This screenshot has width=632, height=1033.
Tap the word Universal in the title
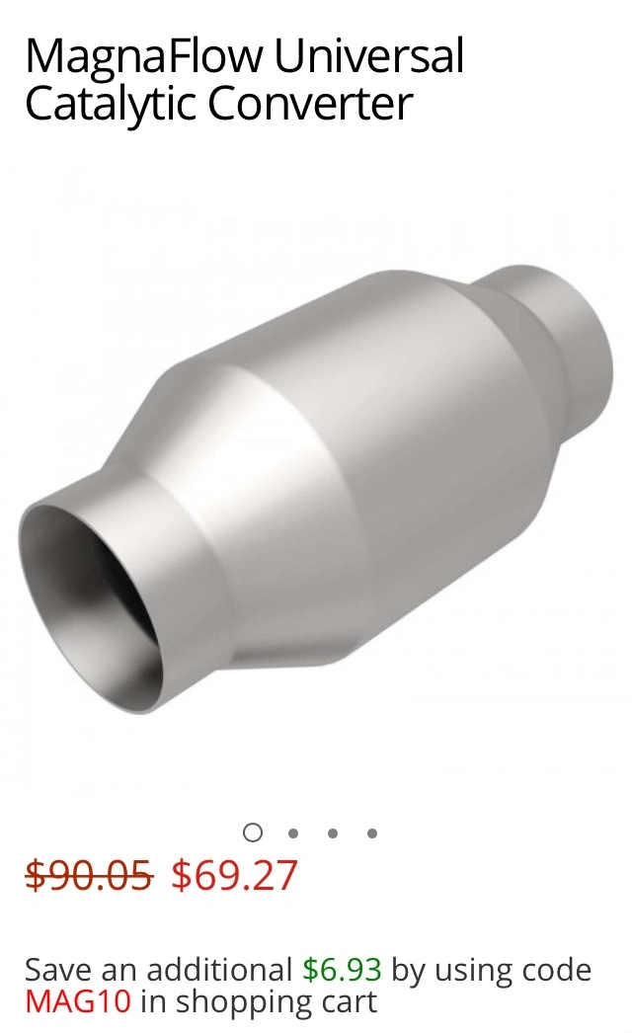tap(369, 55)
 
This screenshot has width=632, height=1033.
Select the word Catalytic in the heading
tap(110, 105)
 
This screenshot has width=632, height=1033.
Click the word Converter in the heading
tap(310, 104)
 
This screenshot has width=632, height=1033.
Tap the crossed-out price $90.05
tap(89, 876)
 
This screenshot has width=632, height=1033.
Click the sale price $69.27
tap(235, 876)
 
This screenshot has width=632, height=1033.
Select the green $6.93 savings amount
tap(342, 970)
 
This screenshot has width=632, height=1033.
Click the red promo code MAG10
tap(78, 1001)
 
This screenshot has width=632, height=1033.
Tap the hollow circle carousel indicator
tap(253, 833)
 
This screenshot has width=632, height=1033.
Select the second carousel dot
tap(293, 834)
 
